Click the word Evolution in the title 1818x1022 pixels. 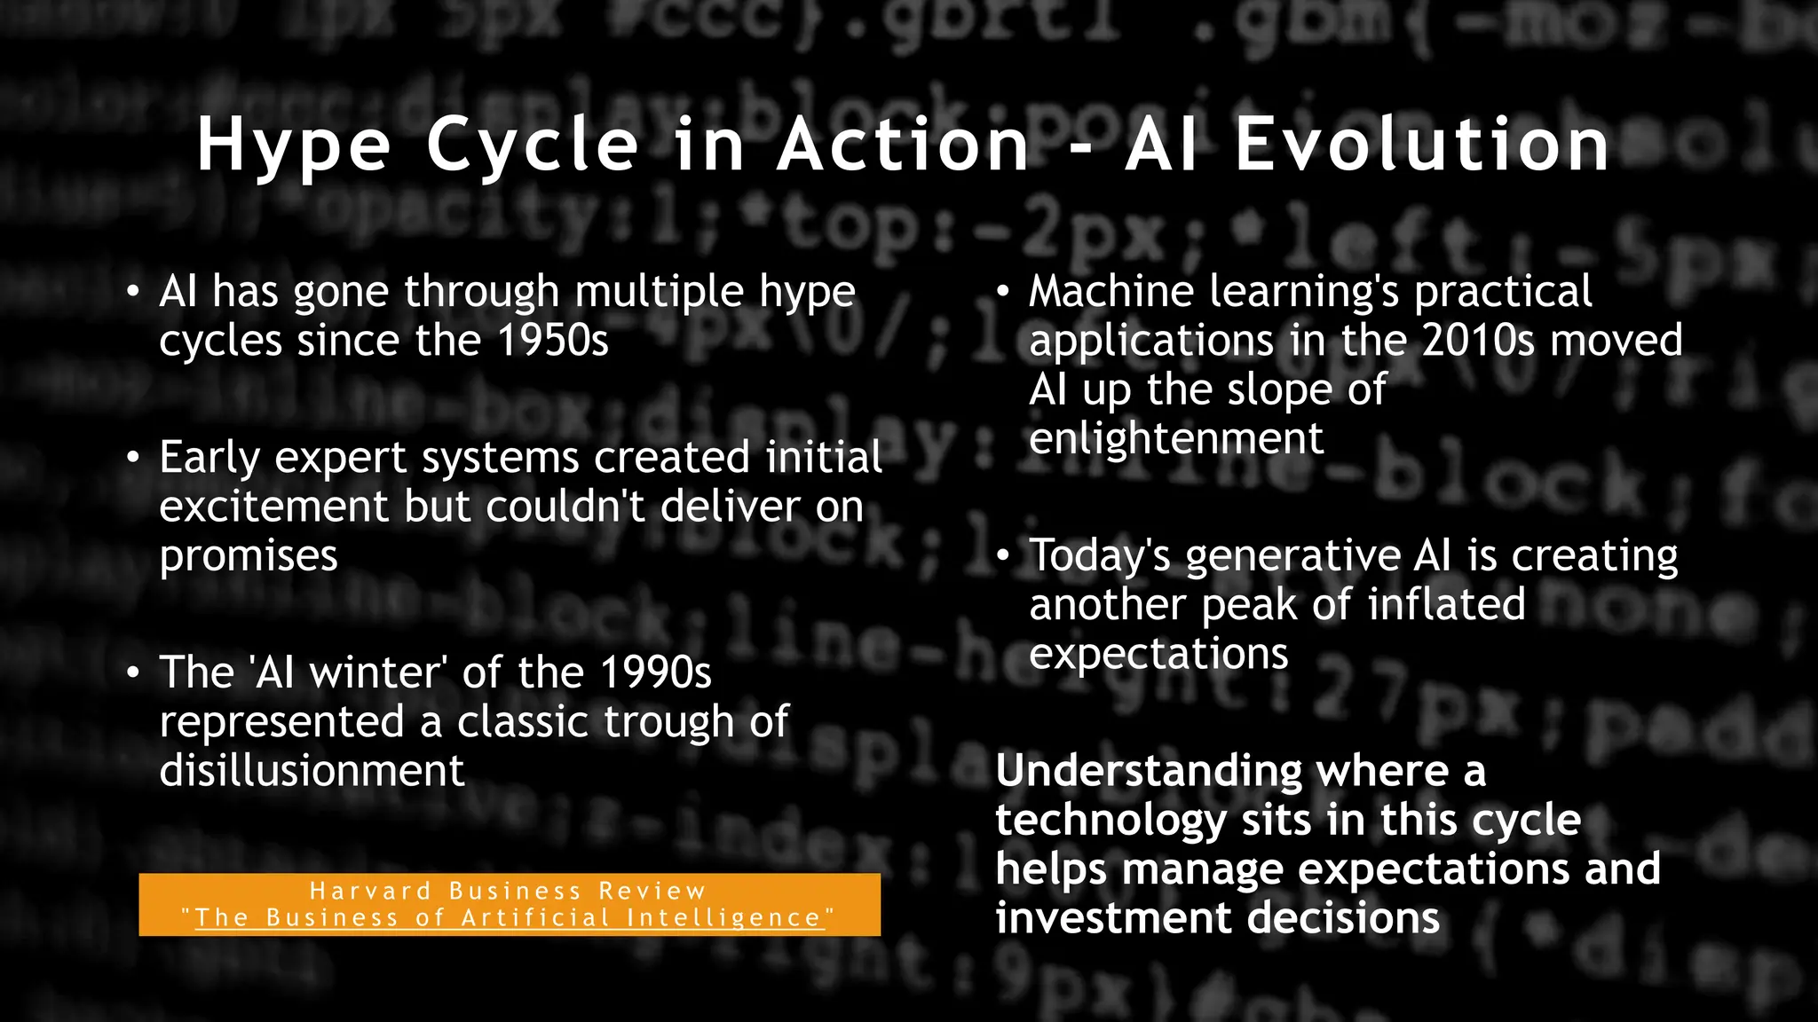(x=1422, y=145)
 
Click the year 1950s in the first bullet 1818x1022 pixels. (x=553, y=341)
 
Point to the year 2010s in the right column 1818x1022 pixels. (x=1478, y=341)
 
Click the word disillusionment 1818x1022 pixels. (x=312, y=770)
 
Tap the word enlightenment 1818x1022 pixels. (x=1176, y=438)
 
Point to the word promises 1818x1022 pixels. (x=249, y=557)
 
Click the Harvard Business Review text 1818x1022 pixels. (x=508, y=891)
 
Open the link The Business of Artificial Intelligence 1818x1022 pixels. (x=508, y=918)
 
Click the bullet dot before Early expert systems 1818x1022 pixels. (x=133, y=458)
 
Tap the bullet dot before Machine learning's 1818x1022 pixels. (x=1003, y=292)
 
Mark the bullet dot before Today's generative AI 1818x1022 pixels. (x=1003, y=556)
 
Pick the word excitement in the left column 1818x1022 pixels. (x=274, y=507)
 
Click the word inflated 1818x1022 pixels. (x=1446, y=605)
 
